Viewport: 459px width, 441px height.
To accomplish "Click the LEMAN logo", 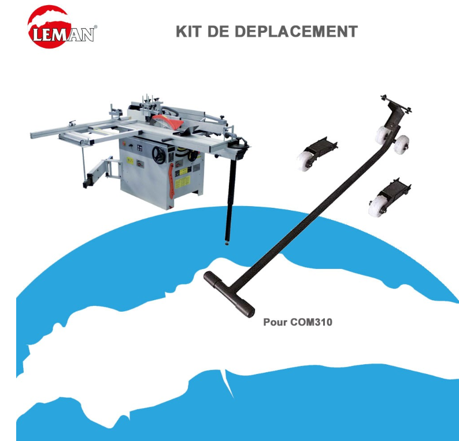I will click(61, 28).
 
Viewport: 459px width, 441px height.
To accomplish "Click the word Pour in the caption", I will click(275, 322).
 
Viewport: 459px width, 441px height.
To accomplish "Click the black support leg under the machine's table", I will click(229, 202).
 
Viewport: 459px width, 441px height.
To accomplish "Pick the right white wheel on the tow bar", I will click(402, 143).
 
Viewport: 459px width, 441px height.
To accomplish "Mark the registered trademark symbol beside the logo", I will click(95, 27).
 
